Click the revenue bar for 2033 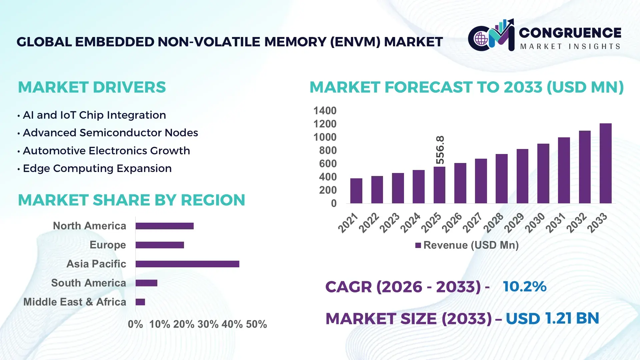(x=605, y=163)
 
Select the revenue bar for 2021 (x=356, y=191)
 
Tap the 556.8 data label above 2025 (x=440, y=150)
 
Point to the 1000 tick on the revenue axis (x=325, y=137)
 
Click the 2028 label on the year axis (x=493, y=222)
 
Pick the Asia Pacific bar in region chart (x=187, y=264)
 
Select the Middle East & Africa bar (x=140, y=302)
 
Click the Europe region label (x=108, y=245)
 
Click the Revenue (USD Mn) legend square (x=418, y=245)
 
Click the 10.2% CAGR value (x=525, y=286)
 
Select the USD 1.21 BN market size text (x=552, y=318)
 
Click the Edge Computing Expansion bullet (x=97, y=168)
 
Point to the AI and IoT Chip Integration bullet (x=94, y=115)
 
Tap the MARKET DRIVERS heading (x=92, y=87)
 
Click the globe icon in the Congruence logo (x=481, y=39)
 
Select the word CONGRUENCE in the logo (x=570, y=33)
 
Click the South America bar (x=146, y=283)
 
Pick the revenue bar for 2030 (x=543, y=173)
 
